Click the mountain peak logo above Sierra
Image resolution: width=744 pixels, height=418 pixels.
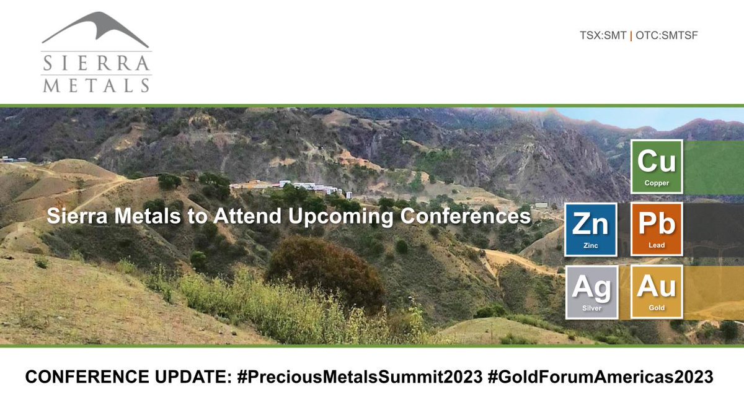95,29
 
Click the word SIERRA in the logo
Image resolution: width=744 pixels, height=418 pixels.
96,63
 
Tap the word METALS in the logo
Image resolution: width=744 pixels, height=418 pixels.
96,85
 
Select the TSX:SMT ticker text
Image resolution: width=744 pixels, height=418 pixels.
603,35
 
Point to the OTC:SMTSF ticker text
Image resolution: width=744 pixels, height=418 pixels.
666,35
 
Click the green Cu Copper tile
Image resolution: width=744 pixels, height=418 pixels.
657,167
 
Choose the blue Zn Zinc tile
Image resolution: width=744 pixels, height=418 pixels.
591,230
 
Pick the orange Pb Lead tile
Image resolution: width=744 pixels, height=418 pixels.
657,229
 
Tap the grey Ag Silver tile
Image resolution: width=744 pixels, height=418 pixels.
591,292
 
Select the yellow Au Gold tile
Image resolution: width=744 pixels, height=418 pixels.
657,292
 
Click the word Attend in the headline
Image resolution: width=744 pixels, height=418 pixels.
247,216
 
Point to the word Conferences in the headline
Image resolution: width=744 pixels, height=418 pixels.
466,216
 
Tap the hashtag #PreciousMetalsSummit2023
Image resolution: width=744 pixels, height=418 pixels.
360,377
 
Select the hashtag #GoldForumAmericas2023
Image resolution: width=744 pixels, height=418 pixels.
601,377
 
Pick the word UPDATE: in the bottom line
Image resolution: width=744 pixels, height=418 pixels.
193,377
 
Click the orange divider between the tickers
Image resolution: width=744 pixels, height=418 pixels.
631,35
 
